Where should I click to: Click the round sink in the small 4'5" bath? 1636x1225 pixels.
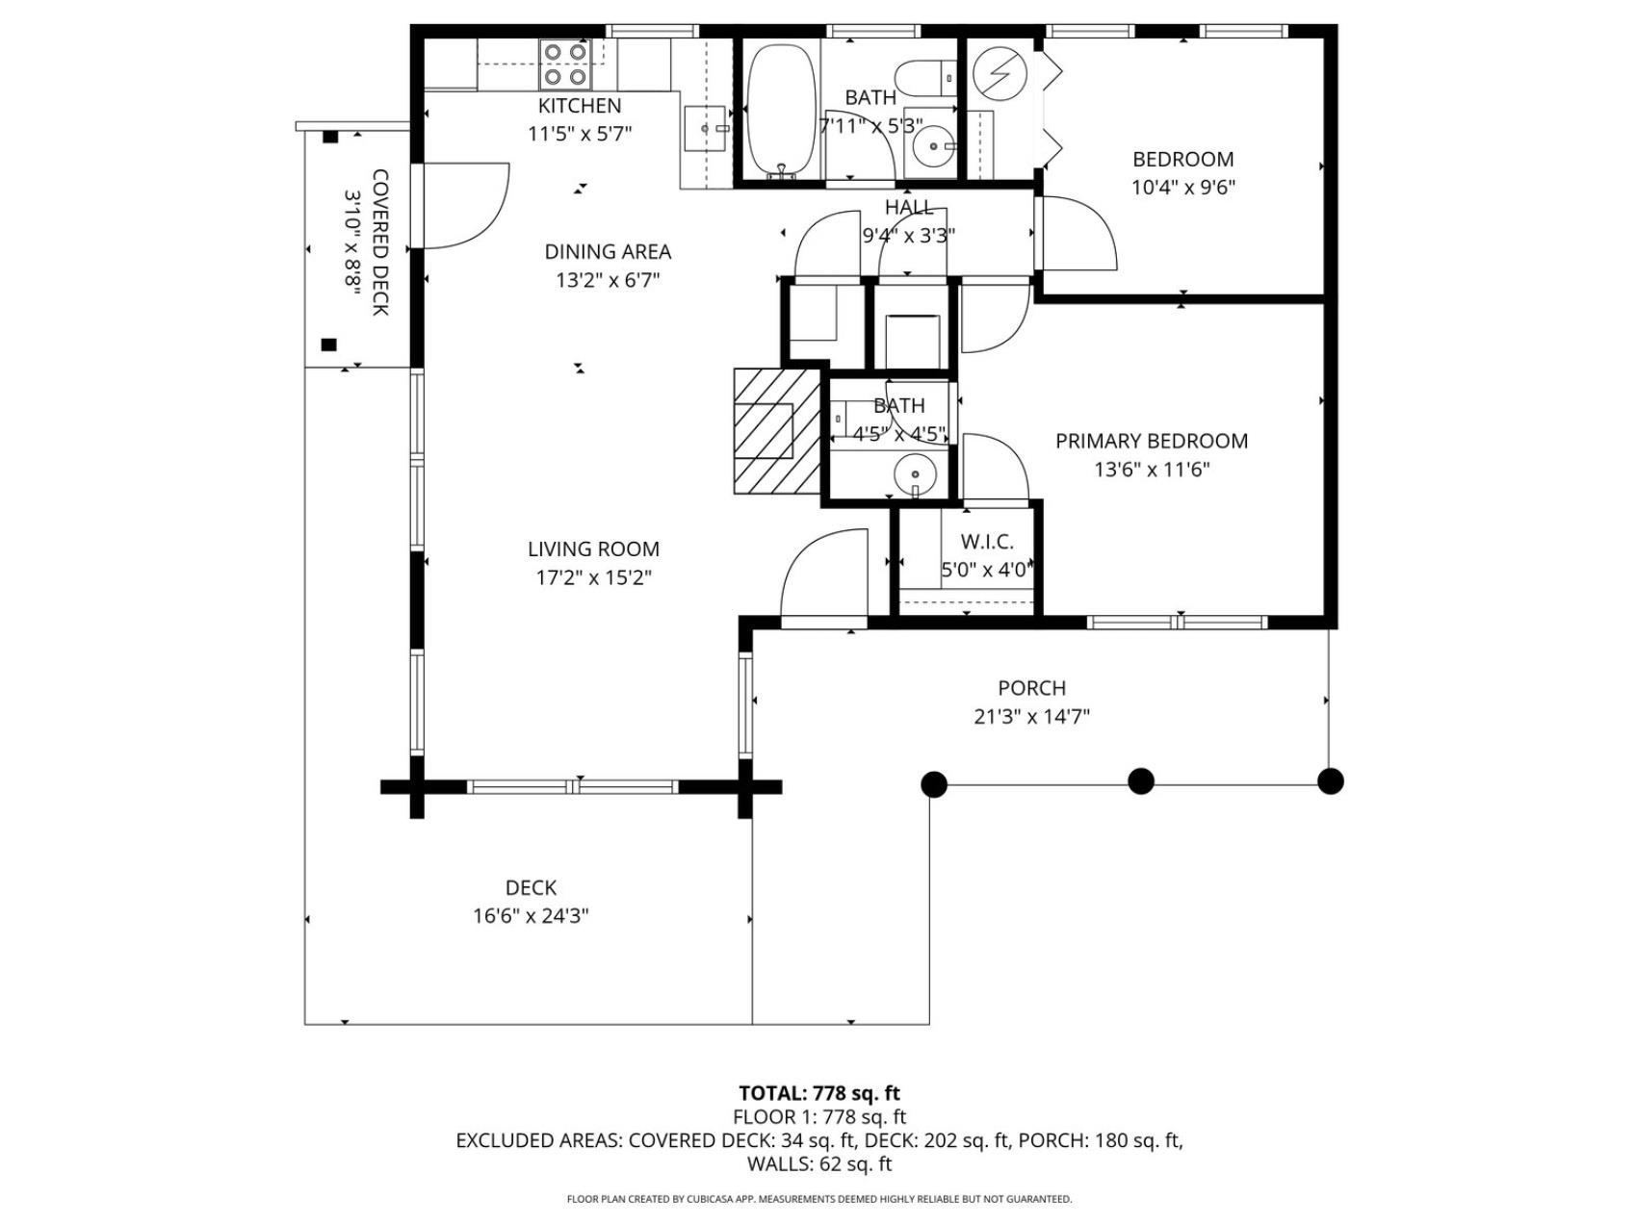click(915, 473)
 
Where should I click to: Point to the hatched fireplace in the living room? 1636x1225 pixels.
click(777, 431)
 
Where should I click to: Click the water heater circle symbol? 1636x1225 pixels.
click(994, 71)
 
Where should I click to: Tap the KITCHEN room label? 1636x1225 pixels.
click(580, 106)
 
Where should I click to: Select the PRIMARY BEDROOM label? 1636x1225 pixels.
click(1152, 441)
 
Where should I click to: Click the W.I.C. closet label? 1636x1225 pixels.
click(987, 542)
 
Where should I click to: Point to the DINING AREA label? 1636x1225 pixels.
click(608, 252)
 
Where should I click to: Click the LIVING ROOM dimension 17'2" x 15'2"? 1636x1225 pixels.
click(593, 577)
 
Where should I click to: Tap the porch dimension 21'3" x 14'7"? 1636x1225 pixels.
click(1031, 717)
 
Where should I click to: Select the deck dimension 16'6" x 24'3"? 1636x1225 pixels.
click(531, 916)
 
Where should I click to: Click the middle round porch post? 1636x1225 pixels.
click(1141, 780)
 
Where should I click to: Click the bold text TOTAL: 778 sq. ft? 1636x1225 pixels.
click(819, 1093)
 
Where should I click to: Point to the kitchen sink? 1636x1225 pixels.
click(707, 128)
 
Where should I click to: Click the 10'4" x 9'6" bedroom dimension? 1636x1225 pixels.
click(1182, 188)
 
